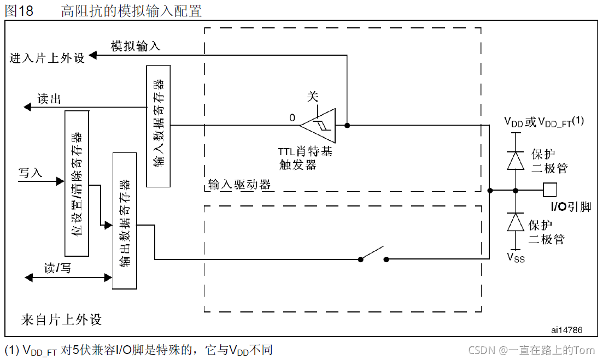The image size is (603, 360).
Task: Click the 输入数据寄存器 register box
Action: [x=158, y=126]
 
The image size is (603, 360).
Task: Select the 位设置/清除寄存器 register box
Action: [x=77, y=183]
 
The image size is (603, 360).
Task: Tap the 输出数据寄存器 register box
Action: [x=124, y=221]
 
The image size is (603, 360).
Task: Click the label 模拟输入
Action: [x=136, y=46]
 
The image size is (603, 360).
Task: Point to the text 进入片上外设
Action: [x=48, y=58]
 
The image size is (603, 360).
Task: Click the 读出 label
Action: [x=49, y=99]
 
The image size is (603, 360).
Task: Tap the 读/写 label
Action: [x=57, y=268]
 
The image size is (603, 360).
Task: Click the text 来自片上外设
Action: [x=61, y=319]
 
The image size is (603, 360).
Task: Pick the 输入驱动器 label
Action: [x=239, y=185]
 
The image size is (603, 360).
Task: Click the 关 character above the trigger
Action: [x=312, y=97]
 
